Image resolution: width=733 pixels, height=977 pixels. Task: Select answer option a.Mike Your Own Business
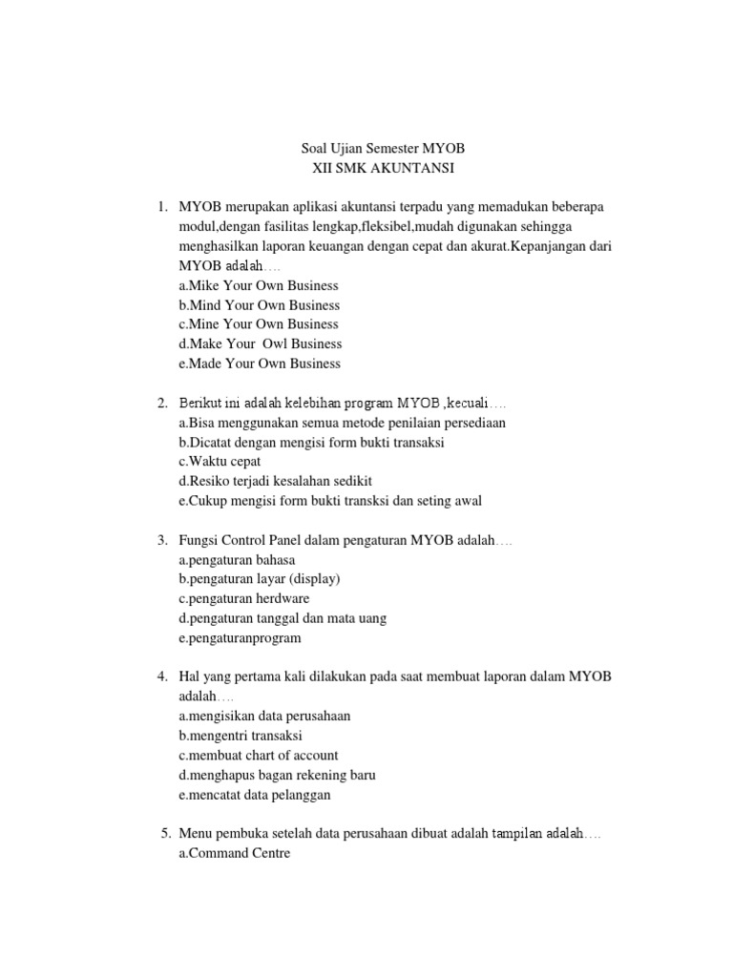pyautogui.click(x=258, y=286)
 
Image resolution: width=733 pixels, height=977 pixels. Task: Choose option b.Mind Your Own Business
pyautogui.click(x=259, y=305)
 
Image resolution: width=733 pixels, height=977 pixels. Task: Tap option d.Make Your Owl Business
pyautogui.click(x=260, y=343)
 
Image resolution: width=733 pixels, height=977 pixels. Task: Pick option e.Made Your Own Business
pyautogui.click(x=259, y=364)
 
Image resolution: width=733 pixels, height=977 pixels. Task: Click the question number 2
pyautogui.click(x=162, y=403)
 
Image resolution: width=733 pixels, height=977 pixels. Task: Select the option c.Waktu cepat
pyautogui.click(x=219, y=461)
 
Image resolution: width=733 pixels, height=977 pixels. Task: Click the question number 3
pyautogui.click(x=162, y=541)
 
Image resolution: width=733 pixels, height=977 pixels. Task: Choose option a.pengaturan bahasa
pyautogui.click(x=237, y=560)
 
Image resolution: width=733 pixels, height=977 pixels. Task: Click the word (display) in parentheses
pyautogui.click(x=316, y=579)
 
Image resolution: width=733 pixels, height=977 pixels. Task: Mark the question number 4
pyautogui.click(x=162, y=676)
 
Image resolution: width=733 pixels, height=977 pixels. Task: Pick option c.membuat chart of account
pyautogui.click(x=258, y=755)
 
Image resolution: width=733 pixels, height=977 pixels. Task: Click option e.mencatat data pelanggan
pyautogui.click(x=254, y=794)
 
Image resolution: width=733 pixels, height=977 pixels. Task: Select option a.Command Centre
pyautogui.click(x=234, y=853)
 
